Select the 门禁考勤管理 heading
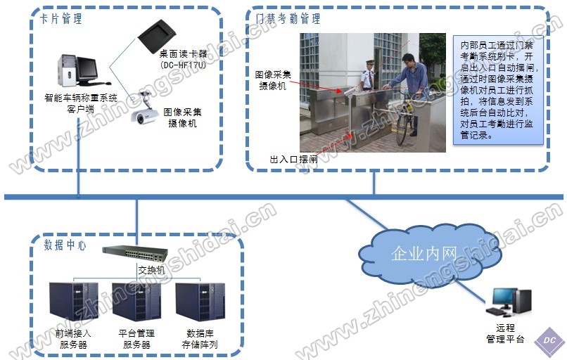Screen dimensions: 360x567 (x=288, y=19)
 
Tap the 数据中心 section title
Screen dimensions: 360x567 (x=65, y=245)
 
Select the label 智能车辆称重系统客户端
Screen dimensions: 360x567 (x=81, y=103)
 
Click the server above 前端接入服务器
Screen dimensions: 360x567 (x=73, y=302)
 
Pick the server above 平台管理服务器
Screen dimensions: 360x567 (x=136, y=302)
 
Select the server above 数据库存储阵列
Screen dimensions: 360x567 (x=200, y=302)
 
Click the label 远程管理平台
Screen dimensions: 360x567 (x=505, y=333)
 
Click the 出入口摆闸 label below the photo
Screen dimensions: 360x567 (x=293, y=160)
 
